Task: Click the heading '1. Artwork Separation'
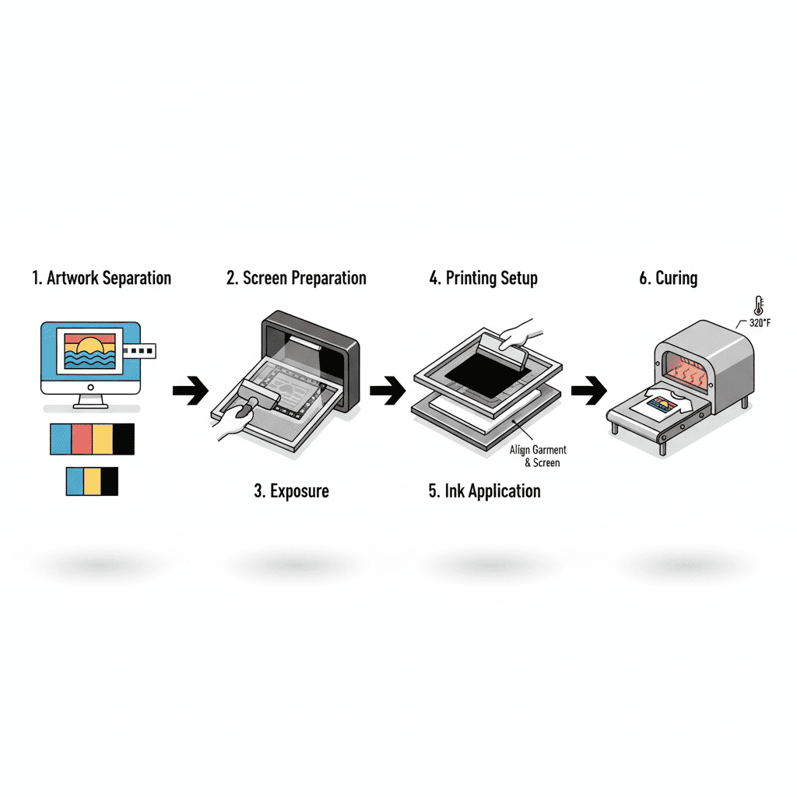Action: coord(101,278)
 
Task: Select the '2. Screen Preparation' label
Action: coord(297,278)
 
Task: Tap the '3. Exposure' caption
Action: coord(291,491)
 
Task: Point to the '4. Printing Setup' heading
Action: coord(483,278)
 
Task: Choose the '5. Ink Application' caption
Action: coord(484,491)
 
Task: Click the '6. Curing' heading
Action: coord(669,278)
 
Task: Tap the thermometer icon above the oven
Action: coord(757,305)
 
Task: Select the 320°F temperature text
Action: coord(760,322)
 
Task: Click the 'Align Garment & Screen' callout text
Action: coord(538,456)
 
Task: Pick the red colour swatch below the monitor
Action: coord(82,439)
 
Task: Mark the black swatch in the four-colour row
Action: coord(124,439)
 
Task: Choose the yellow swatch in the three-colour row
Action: coord(93,481)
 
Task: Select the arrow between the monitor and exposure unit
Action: coord(190,390)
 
